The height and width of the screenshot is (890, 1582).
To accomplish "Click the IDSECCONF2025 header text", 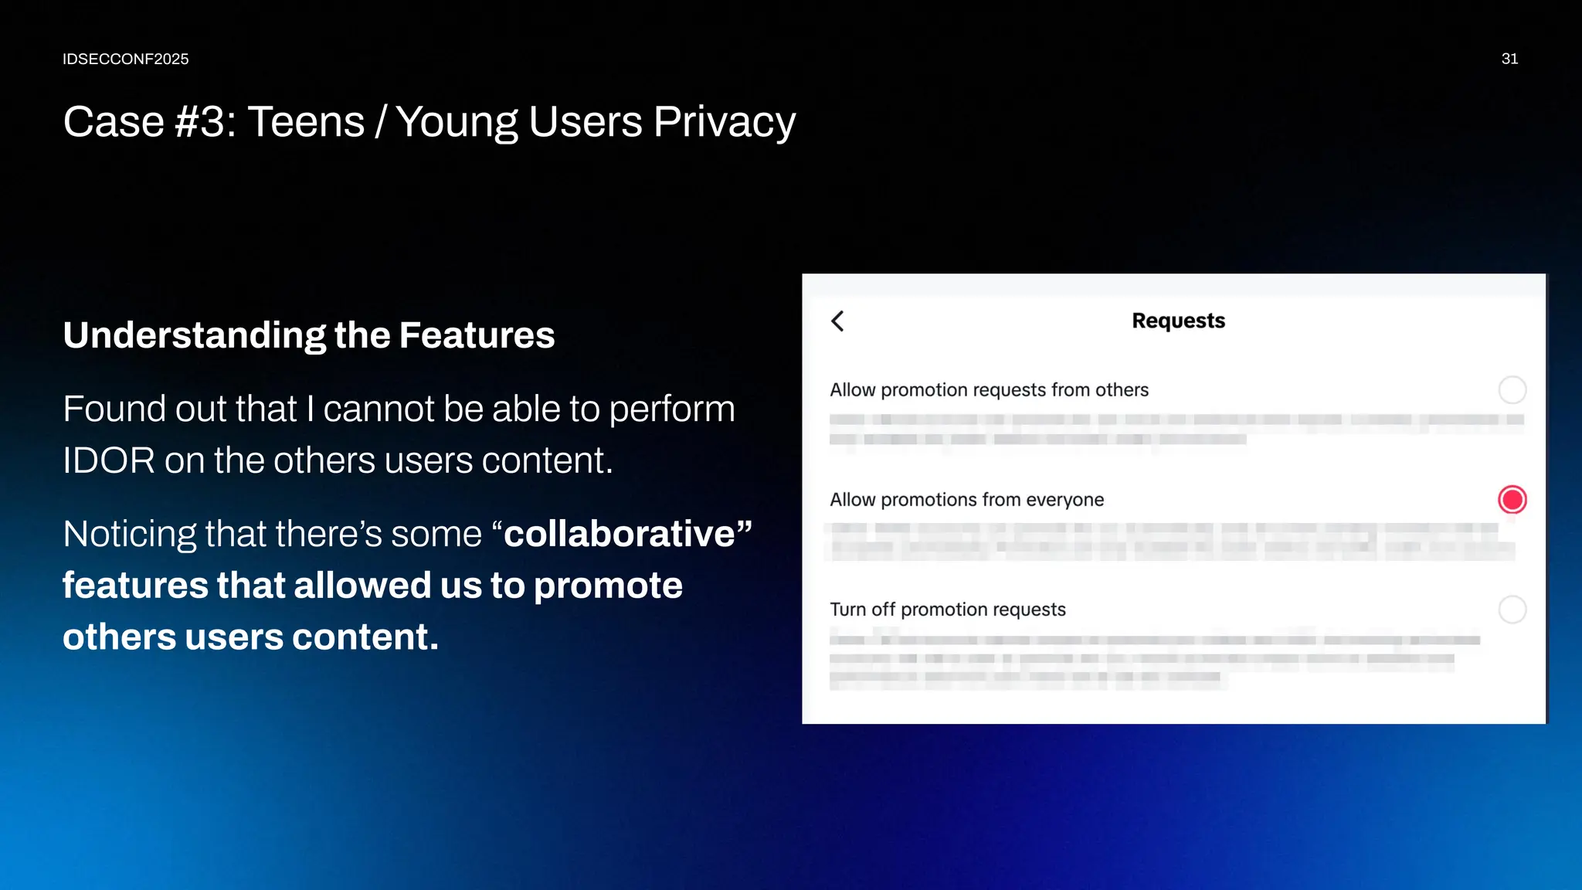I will pyautogui.click(x=125, y=59).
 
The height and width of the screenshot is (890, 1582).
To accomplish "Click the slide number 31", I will pyautogui.click(x=1509, y=59).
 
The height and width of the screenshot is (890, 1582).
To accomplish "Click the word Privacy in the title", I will pyautogui.click(x=724, y=122).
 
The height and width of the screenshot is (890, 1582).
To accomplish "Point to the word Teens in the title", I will pyautogui.click(x=306, y=122).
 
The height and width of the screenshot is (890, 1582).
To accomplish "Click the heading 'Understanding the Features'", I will pyautogui.click(x=309, y=335).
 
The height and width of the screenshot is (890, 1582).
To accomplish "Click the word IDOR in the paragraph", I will pyautogui.click(x=109, y=460).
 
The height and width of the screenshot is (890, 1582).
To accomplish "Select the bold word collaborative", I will pyautogui.click(x=620, y=534).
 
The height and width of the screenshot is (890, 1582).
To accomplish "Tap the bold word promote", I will pyautogui.click(x=608, y=586).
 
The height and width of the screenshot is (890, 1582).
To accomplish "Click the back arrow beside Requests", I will pyautogui.click(x=838, y=321).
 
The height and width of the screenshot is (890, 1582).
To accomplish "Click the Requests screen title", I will pyautogui.click(x=1178, y=321).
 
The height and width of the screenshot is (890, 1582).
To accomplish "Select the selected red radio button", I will pyautogui.click(x=1512, y=500).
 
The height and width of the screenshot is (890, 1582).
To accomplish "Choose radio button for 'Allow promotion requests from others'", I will pyautogui.click(x=1512, y=390).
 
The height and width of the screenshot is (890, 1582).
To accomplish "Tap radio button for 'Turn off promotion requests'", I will pyautogui.click(x=1512, y=610).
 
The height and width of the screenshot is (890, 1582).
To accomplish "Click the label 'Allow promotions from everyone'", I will pyautogui.click(x=966, y=500).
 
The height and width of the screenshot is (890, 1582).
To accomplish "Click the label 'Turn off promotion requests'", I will pyautogui.click(x=947, y=610).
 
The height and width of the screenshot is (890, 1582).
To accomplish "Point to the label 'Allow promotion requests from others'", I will pyautogui.click(x=989, y=390).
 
